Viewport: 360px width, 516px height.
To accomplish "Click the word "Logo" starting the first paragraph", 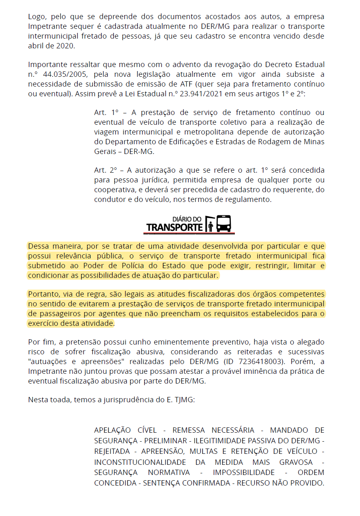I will pyautogui.click(x=36, y=17).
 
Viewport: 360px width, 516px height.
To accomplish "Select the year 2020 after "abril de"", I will pyautogui.click(x=67, y=46).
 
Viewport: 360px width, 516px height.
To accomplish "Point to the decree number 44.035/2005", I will pyautogui.click(x=59, y=74).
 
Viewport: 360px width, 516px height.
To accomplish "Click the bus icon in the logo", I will pyautogui.click(x=223, y=223).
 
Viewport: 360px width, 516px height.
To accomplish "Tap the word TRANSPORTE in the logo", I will pyautogui.click(x=174, y=227).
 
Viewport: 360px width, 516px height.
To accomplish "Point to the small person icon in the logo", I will pyautogui.click(x=210, y=226).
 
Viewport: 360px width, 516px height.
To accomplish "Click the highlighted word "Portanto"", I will pyautogui.click(x=43, y=294).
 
